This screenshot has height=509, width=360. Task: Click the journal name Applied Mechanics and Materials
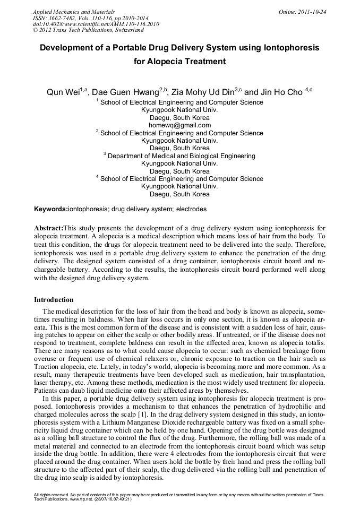click(x=73, y=12)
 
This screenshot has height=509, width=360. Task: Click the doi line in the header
click(x=96, y=24)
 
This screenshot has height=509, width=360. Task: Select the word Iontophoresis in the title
click(x=291, y=48)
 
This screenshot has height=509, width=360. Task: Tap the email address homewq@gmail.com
click(x=179, y=125)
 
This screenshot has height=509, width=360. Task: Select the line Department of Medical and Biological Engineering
click(x=181, y=156)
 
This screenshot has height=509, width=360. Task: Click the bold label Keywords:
click(x=51, y=210)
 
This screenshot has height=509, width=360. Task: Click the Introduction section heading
click(x=54, y=300)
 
